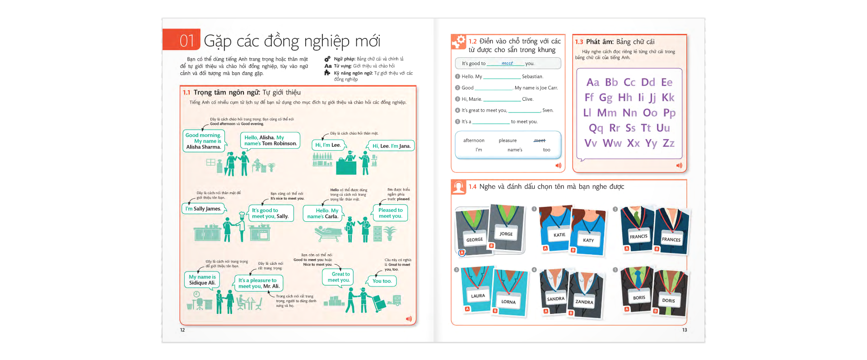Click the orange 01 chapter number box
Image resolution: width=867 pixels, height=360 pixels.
point(182,40)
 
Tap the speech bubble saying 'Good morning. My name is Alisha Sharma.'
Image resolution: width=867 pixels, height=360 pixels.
point(204,141)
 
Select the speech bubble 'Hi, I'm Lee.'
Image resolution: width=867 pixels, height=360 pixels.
point(328,145)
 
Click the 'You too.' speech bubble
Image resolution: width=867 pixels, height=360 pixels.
point(382,281)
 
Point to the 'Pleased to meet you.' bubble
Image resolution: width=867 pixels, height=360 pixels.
point(391,213)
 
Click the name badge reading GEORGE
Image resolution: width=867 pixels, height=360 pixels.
point(475,240)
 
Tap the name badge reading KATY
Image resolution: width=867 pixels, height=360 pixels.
point(588,240)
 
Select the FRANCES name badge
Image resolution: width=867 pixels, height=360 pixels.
point(671,239)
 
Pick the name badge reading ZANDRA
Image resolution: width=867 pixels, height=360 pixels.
point(584,302)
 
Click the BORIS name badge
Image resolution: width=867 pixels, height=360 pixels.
point(639,298)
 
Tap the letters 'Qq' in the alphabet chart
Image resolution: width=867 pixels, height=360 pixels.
point(596,128)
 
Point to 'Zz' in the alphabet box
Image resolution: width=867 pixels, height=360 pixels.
point(668,143)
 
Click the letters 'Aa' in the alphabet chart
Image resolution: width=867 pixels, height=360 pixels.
point(592,82)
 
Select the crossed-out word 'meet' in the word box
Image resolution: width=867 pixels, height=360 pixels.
point(540,140)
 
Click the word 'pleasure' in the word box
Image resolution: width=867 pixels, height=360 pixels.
point(508,140)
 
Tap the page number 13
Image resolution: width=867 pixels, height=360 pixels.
point(685,330)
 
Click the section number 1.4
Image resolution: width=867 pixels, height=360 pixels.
point(472,187)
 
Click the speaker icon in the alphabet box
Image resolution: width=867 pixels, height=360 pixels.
point(679,166)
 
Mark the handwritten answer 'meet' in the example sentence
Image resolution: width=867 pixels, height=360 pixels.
point(507,63)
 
